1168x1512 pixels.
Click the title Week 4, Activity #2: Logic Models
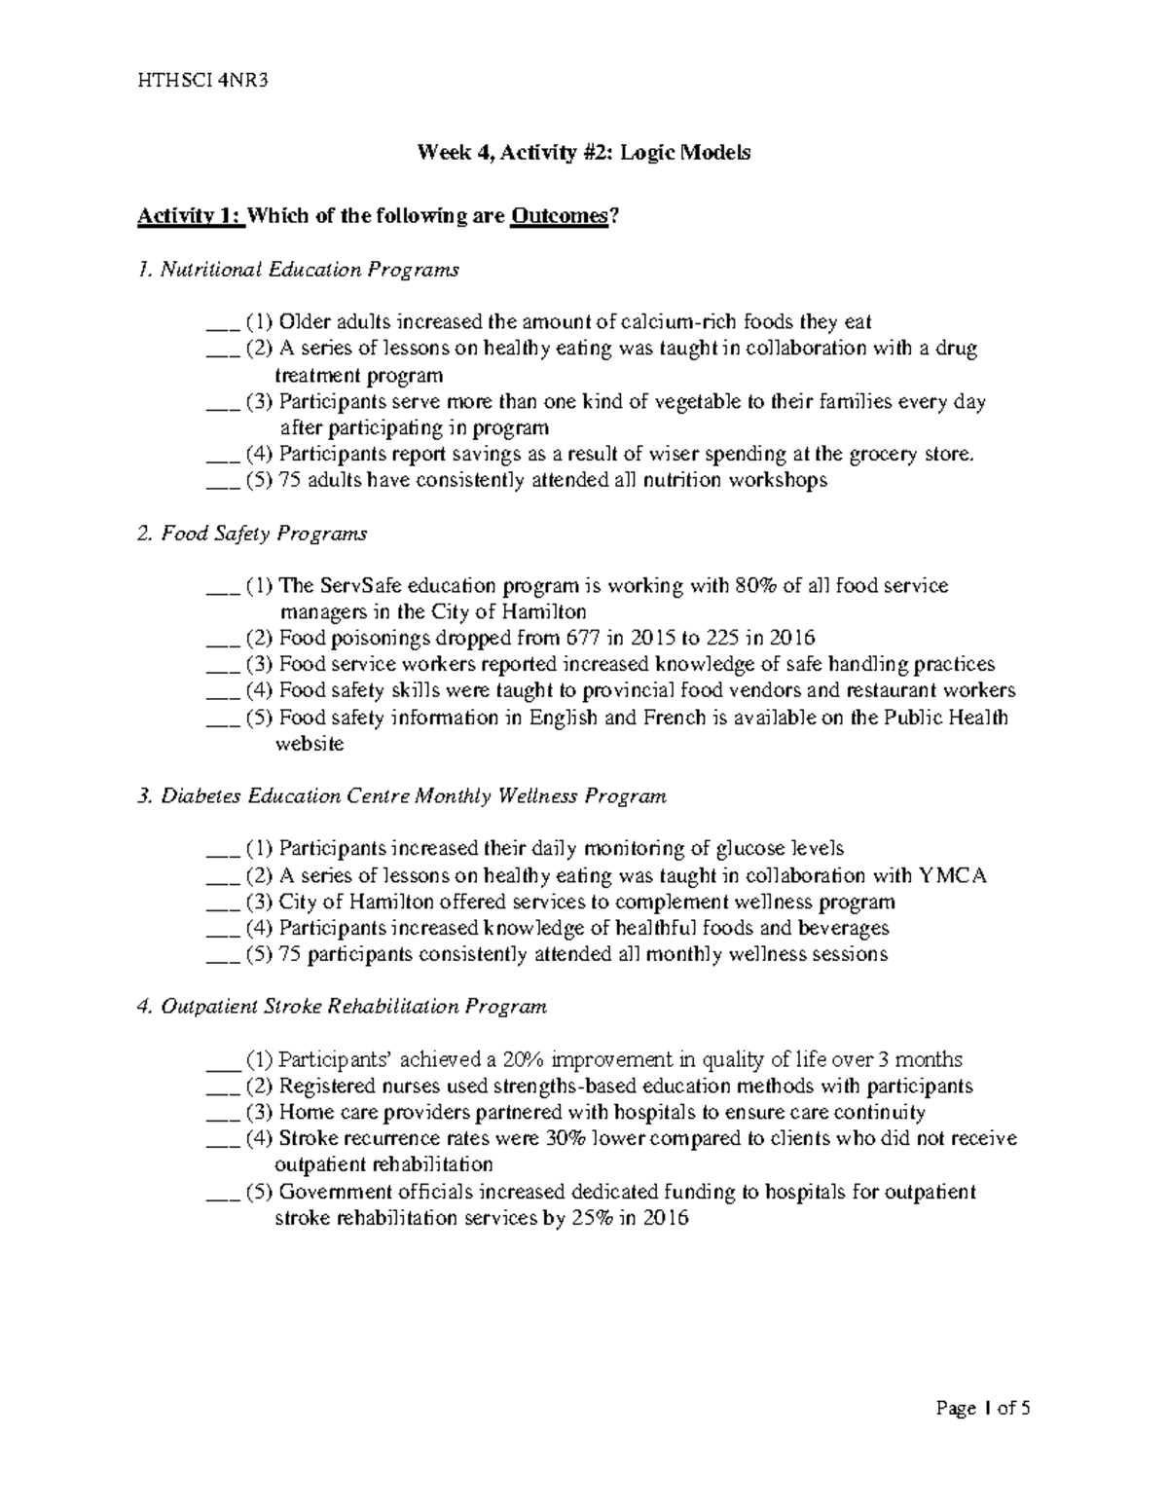(x=584, y=153)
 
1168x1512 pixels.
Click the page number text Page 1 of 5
(x=982, y=1408)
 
